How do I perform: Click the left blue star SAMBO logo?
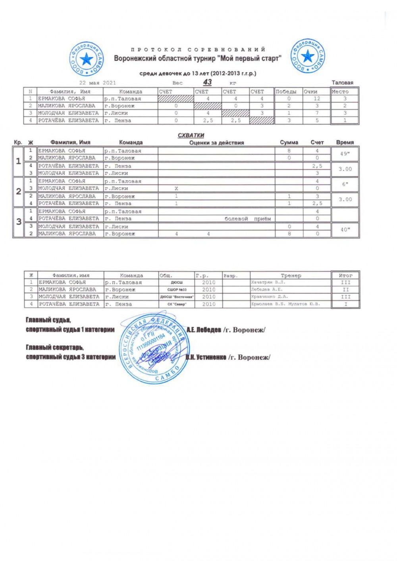tap(87, 59)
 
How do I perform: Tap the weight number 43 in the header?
tap(207, 82)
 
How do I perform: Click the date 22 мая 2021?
tap(97, 83)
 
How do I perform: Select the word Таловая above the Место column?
tap(342, 83)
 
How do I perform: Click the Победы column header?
tap(286, 92)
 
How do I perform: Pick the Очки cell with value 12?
tap(316, 99)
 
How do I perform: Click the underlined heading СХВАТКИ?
tap(191, 135)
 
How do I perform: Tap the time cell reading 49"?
tap(345, 154)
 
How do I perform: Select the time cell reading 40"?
tap(345, 230)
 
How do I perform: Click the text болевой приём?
tap(248, 218)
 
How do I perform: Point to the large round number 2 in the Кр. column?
tap(18, 191)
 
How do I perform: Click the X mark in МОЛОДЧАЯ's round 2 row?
tap(176, 188)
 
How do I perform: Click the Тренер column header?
tap(291, 275)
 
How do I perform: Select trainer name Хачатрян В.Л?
tap(268, 282)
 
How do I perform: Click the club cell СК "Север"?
tap(177, 304)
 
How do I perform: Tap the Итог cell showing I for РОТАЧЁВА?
tap(345, 304)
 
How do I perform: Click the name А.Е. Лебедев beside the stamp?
tap(203, 330)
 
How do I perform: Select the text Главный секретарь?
tap(54, 347)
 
